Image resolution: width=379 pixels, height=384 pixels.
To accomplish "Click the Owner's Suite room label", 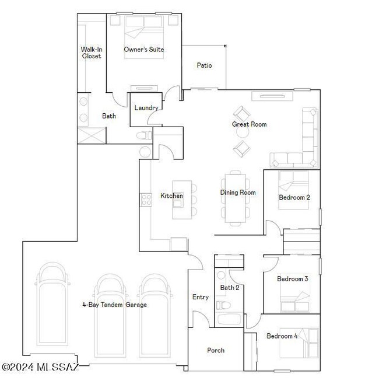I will pyautogui.click(x=143, y=50).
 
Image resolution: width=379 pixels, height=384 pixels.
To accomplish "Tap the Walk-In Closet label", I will pyautogui.click(x=91, y=53).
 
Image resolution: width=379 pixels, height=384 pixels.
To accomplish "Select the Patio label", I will pyautogui.click(x=203, y=65).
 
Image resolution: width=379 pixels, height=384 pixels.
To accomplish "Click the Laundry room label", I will pyautogui.click(x=146, y=108).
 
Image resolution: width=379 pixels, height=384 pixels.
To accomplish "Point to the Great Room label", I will pyautogui.click(x=249, y=124).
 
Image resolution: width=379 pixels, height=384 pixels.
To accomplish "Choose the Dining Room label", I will pyautogui.click(x=237, y=193).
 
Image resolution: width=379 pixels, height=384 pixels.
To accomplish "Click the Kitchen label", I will pyautogui.click(x=171, y=196).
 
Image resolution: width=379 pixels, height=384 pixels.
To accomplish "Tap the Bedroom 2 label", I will pyautogui.click(x=294, y=197).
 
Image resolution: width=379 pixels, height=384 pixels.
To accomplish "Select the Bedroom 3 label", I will pyautogui.click(x=292, y=279).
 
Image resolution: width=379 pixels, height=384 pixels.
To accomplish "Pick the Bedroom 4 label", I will pyautogui.click(x=282, y=336).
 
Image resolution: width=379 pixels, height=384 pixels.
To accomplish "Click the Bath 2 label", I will pyautogui.click(x=229, y=288).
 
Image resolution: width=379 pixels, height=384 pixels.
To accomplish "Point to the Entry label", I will pyautogui.click(x=200, y=297).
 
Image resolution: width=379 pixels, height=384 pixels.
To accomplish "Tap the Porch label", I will pyautogui.click(x=216, y=350).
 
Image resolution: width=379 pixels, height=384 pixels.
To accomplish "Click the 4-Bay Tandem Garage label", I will pyautogui.click(x=114, y=305).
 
